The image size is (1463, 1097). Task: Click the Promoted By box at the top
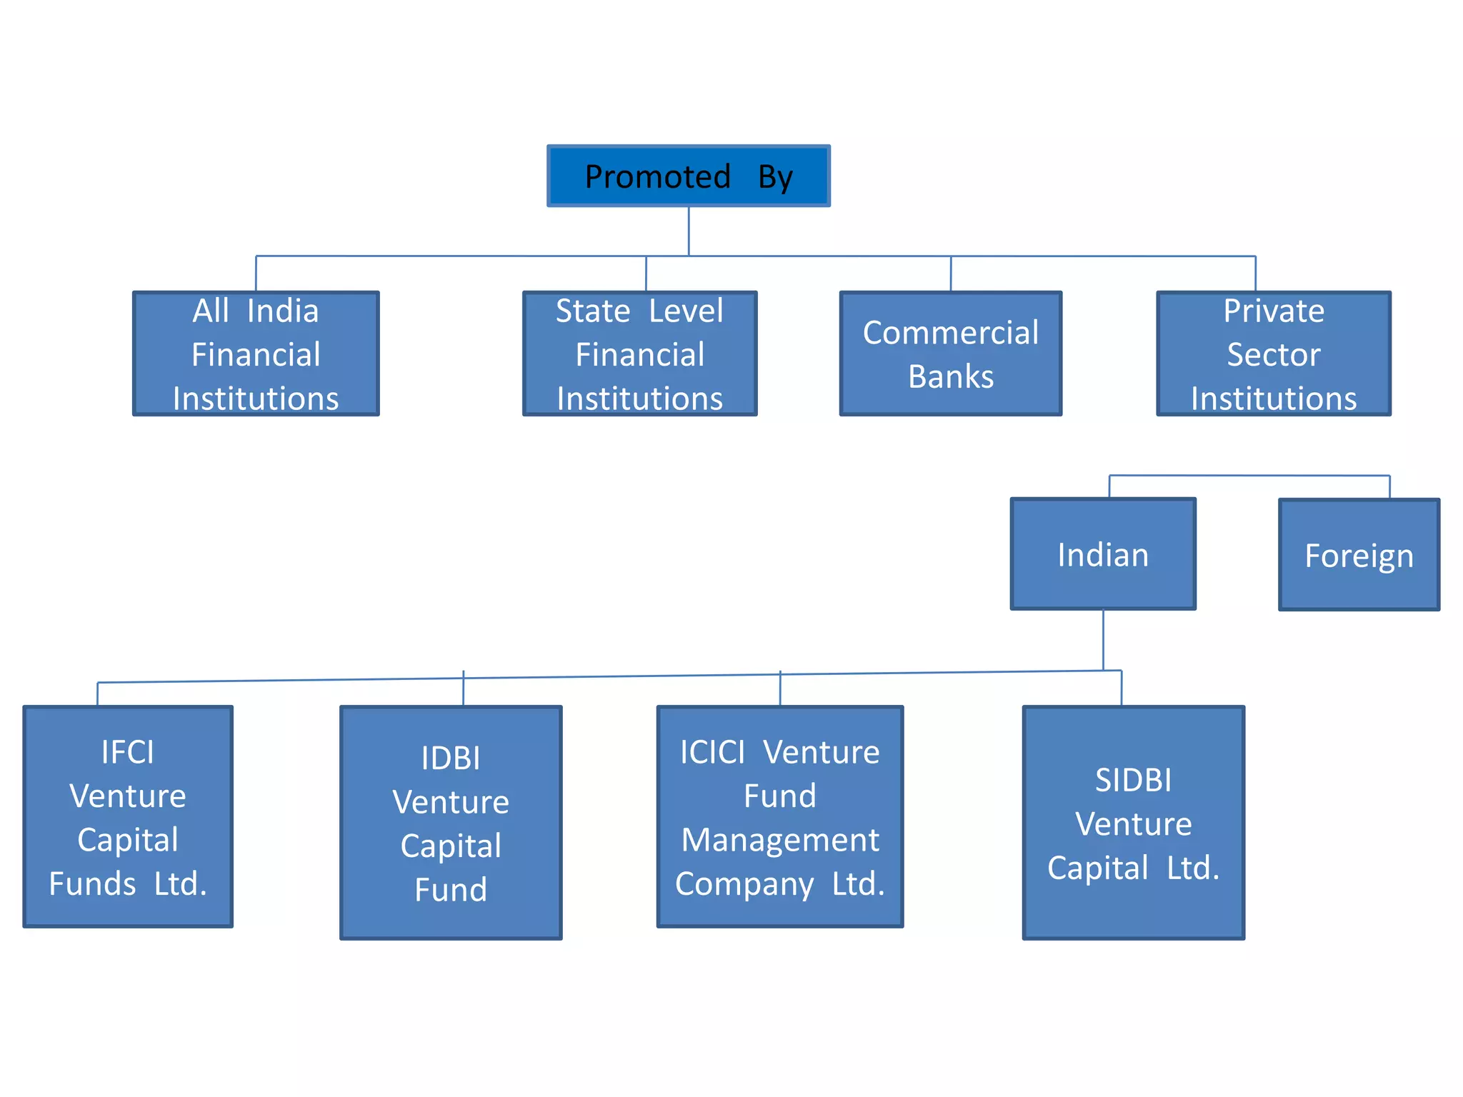coord(688,176)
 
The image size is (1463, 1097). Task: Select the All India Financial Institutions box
coord(256,354)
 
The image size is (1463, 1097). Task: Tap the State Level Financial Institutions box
coord(639,354)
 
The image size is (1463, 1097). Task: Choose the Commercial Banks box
coord(950,354)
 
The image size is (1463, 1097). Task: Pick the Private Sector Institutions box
coord(1273,354)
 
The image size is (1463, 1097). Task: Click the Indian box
coord(1103,554)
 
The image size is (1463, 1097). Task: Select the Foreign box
coord(1359,555)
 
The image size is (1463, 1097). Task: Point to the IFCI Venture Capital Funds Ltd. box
coord(128,817)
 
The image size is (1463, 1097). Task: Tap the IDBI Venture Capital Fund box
coord(451,823)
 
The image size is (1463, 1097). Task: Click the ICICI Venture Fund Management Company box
coord(779,817)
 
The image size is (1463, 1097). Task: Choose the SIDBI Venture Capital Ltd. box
coord(1133,823)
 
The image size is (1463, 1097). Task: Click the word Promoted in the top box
coord(657,176)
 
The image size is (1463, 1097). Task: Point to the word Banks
coord(951,376)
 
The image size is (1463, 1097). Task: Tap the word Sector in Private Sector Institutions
coord(1274,354)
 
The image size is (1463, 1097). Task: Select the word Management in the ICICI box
coord(780,840)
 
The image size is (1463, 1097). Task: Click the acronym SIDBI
coord(1134,780)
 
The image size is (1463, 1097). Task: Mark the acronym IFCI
coord(128,752)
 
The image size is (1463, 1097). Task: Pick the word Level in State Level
coord(686,311)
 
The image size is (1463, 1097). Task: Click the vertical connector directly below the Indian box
coord(1103,640)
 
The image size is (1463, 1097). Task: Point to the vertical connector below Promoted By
coord(689,231)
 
